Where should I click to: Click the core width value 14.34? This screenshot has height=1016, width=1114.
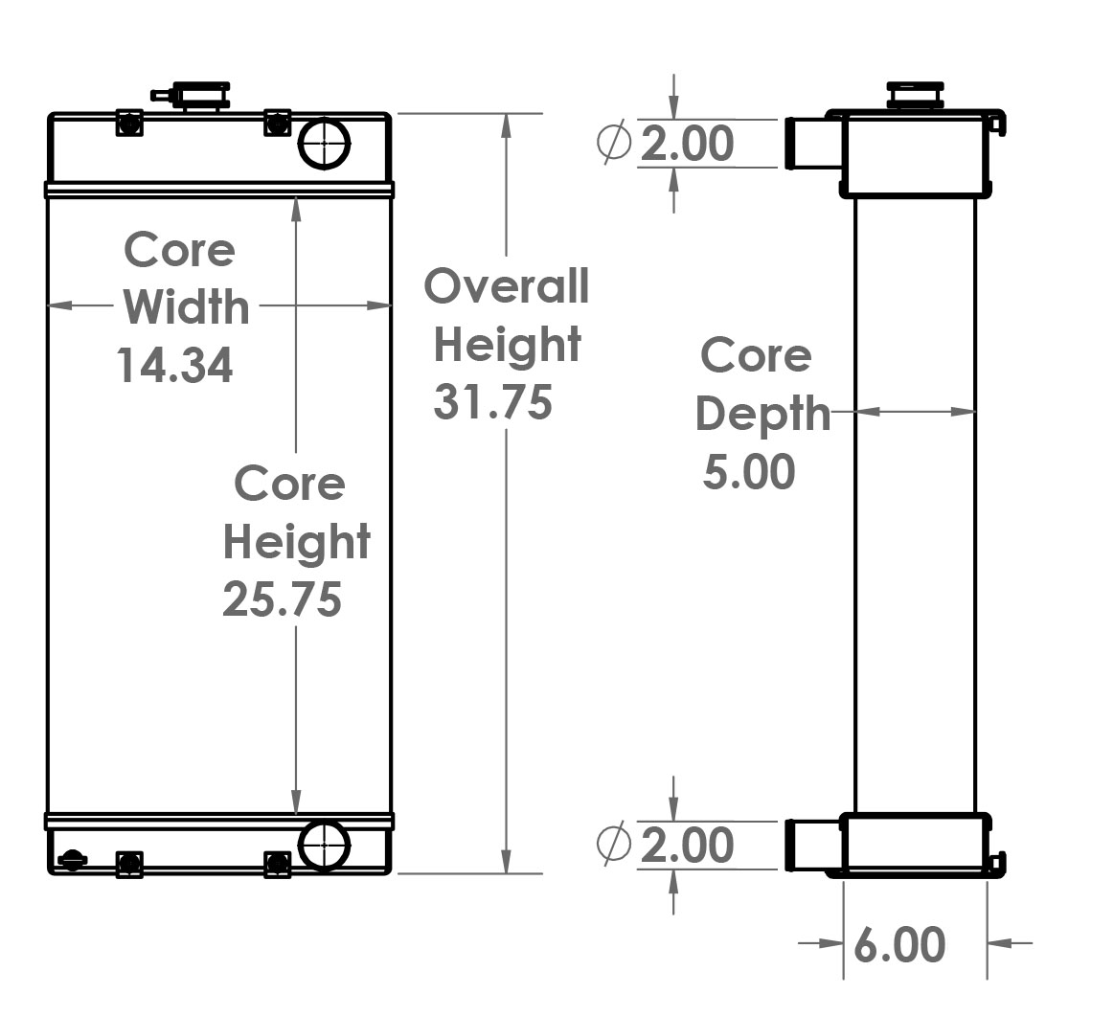pyautogui.click(x=175, y=366)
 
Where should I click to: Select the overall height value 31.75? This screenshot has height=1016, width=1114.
pyautogui.click(x=492, y=402)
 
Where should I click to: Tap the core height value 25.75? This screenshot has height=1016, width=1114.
pyautogui.click(x=282, y=600)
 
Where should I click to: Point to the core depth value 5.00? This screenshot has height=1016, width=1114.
pyautogui.click(x=749, y=473)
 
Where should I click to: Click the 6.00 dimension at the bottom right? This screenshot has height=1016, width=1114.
pyautogui.click(x=898, y=945)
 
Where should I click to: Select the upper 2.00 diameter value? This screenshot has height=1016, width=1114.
pyautogui.click(x=687, y=144)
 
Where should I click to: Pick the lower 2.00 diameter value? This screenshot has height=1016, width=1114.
pyautogui.click(x=687, y=846)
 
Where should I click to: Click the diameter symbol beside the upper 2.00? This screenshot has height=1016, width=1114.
pyautogui.click(x=614, y=143)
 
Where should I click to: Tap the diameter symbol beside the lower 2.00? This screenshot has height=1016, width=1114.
pyautogui.click(x=614, y=844)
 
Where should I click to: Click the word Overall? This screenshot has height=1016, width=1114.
pyautogui.click(x=507, y=286)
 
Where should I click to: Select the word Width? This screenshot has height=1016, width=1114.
pyautogui.click(x=186, y=307)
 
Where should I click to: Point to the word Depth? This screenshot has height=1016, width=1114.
pyautogui.click(x=762, y=414)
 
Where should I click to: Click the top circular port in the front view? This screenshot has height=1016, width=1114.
pyautogui.click(x=325, y=144)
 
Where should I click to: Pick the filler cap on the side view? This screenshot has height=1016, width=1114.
pyautogui.click(x=916, y=96)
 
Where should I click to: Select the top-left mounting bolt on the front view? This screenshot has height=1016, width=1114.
pyautogui.click(x=129, y=123)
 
